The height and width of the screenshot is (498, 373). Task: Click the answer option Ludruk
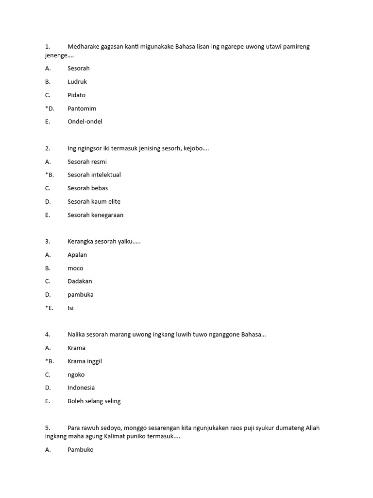(x=77, y=82)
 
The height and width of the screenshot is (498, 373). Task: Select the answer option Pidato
(x=76, y=95)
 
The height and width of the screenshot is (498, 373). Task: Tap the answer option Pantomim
(x=82, y=108)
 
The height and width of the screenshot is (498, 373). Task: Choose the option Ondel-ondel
(x=85, y=122)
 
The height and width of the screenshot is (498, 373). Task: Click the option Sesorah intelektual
(x=94, y=175)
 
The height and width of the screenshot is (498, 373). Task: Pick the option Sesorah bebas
(x=88, y=188)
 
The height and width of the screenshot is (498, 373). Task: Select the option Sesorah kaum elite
(x=94, y=201)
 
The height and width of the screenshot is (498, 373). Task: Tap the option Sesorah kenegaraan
(x=96, y=215)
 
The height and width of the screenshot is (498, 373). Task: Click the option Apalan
(x=77, y=255)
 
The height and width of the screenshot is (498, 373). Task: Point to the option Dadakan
(x=80, y=281)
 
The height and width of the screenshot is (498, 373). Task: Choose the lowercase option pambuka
(x=81, y=295)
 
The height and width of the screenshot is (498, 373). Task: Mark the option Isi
(x=70, y=308)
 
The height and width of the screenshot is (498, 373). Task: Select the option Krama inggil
(x=85, y=361)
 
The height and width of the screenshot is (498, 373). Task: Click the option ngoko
(x=76, y=374)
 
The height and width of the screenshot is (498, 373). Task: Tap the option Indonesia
(x=81, y=388)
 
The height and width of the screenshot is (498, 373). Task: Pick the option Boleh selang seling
(x=94, y=401)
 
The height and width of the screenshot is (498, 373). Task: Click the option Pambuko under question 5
(x=81, y=450)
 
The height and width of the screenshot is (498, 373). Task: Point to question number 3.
(x=48, y=241)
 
